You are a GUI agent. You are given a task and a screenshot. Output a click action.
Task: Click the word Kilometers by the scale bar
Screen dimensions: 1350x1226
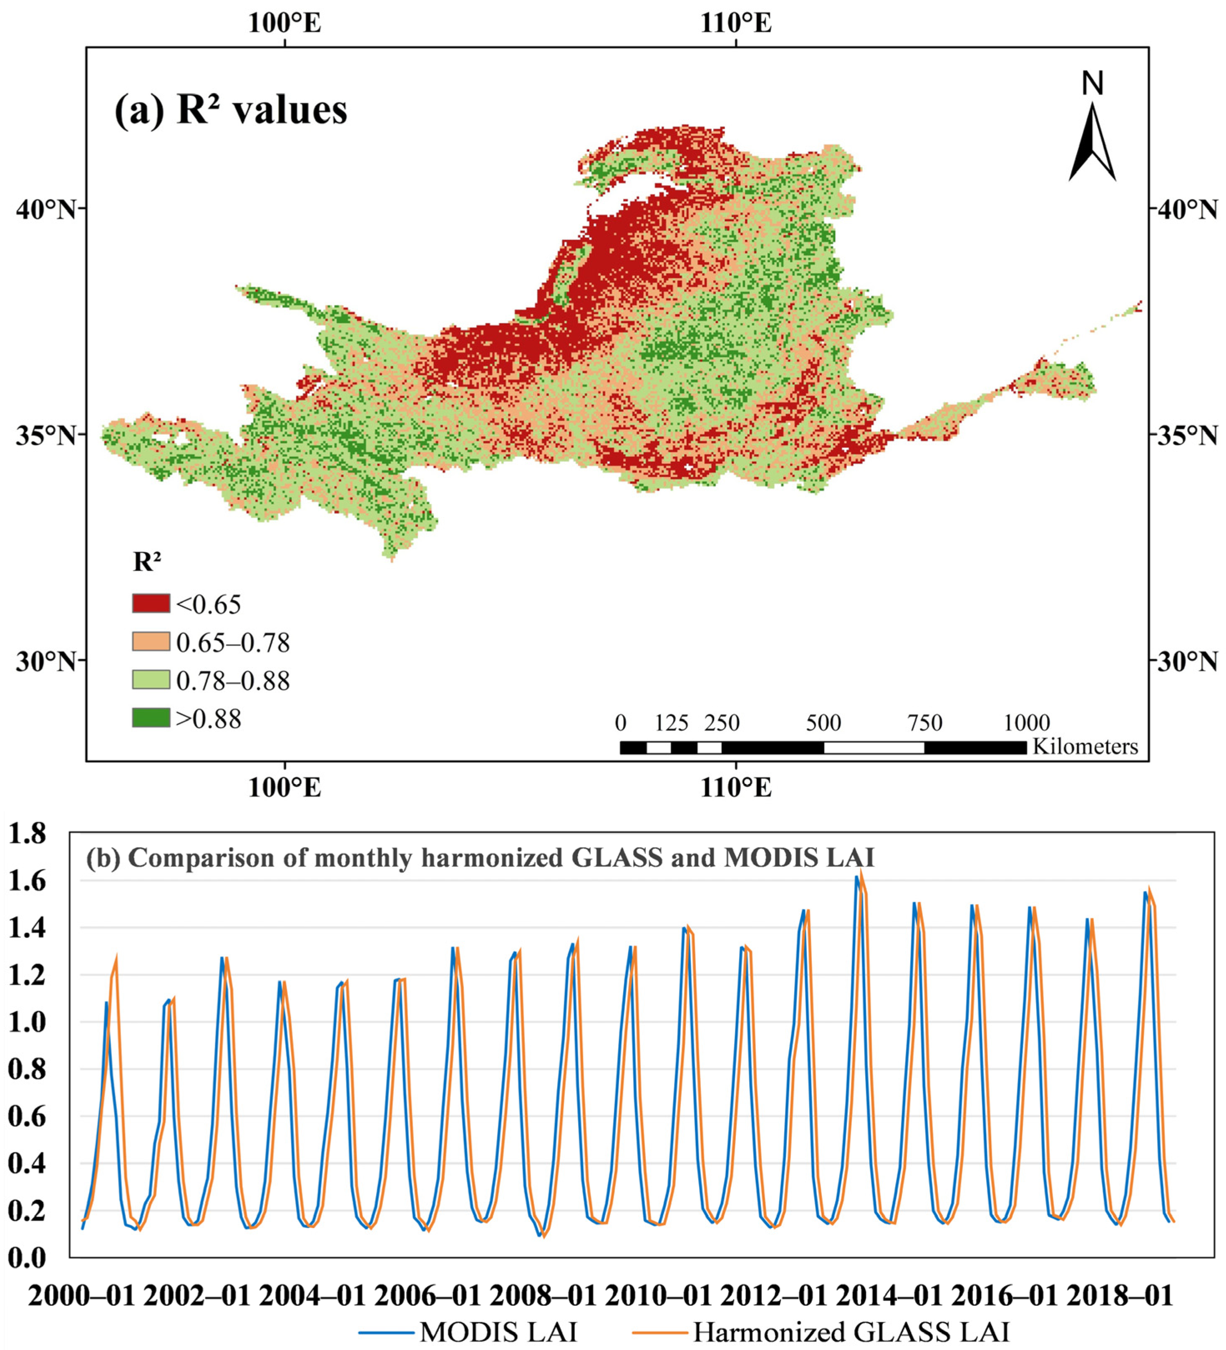[x=1085, y=747]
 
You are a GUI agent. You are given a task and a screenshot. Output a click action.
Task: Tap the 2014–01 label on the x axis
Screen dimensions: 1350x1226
[x=888, y=1297]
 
